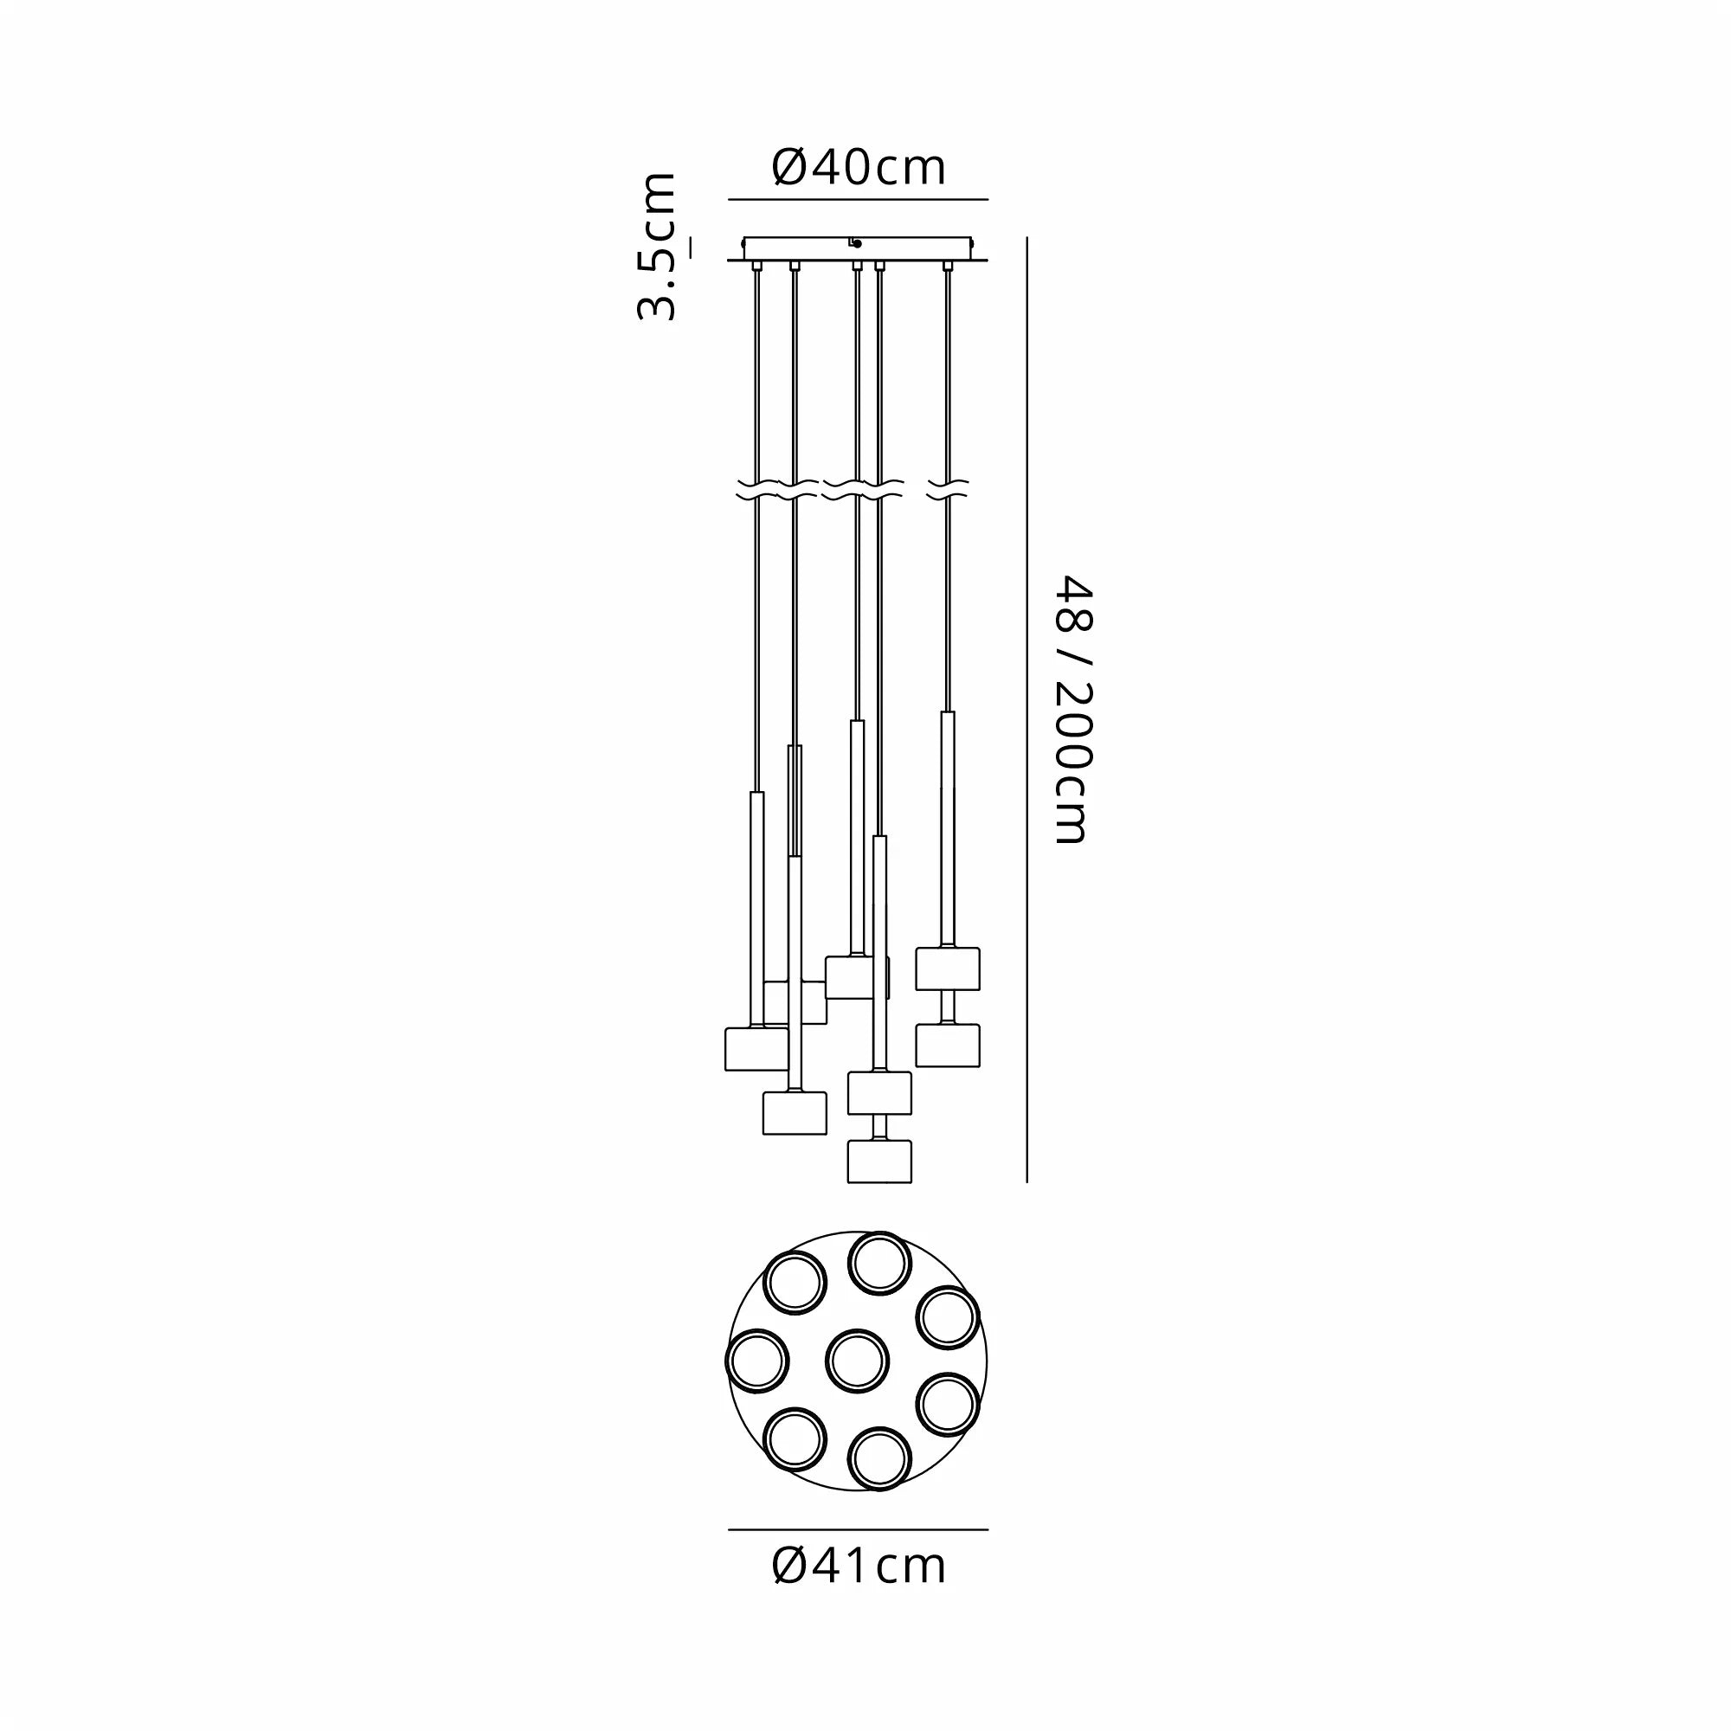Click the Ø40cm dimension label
coord(859,168)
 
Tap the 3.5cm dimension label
coord(656,247)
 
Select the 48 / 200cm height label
coord(1071,710)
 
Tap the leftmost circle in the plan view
coord(757,1361)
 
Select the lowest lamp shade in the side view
coord(879,1162)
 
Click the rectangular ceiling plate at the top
coord(858,248)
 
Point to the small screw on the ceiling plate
coord(857,243)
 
